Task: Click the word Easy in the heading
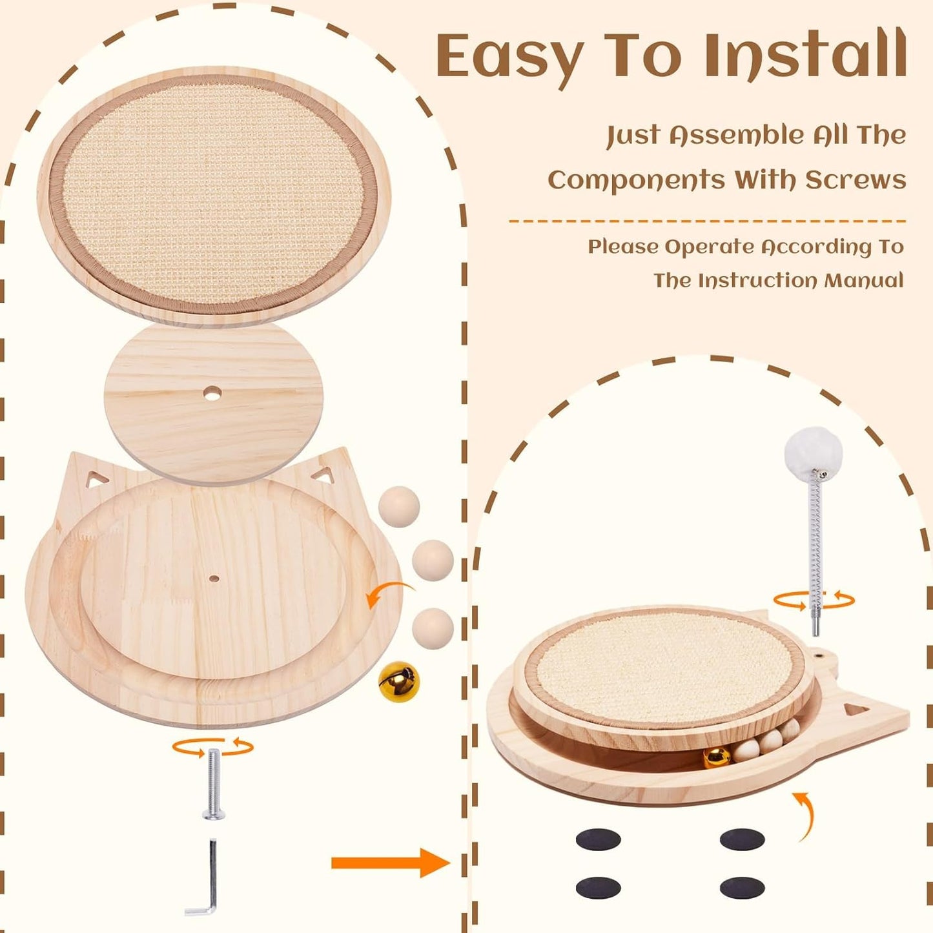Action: pyautogui.click(x=509, y=57)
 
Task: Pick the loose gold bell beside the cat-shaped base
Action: pyautogui.click(x=398, y=682)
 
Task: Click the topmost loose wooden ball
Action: pyautogui.click(x=399, y=507)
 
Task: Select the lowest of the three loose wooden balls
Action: pyautogui.click(x=433, y=628)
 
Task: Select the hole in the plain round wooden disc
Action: pyautogui.click(x=212, y=393)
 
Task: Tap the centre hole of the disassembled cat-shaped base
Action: pyautogui.click(x=214, y=578)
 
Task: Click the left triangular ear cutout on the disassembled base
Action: pyautogui.click(x=97, y=479)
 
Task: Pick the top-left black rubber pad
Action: pyautogui.click(x=598, y=839)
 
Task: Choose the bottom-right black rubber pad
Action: pyautogui.click(x=742, y=888)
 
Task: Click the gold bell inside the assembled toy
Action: pyautogui.click(x=717, y=757)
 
